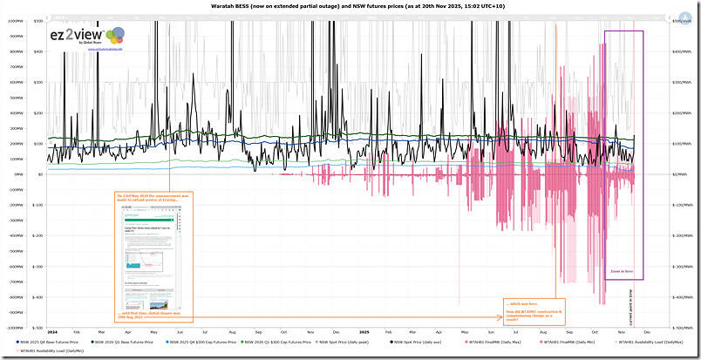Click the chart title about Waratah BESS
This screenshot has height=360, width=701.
(x=350, y=6)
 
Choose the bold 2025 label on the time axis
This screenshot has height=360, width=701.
(x=364, y=333)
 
